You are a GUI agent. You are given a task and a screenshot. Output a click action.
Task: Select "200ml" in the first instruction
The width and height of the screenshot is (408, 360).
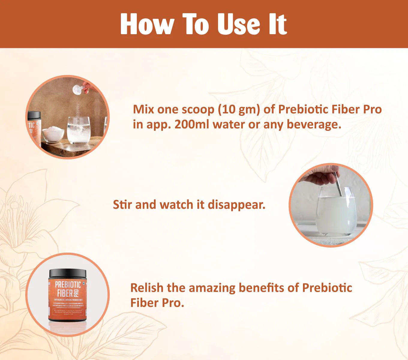(192, 124)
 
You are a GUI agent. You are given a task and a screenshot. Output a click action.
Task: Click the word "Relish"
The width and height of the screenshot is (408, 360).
(147, 288)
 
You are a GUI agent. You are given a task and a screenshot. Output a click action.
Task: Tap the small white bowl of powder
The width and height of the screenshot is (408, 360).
(53, 134)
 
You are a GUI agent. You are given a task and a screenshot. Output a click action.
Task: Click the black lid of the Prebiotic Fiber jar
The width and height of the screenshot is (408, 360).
(67, 273)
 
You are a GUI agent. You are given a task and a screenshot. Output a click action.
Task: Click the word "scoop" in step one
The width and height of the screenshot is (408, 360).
(198, 109)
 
